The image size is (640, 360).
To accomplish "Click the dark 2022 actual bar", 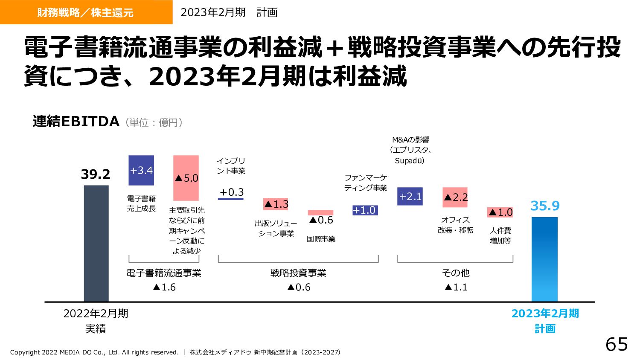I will tap(96, 243).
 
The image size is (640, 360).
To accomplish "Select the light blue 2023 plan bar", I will tap(544, 259).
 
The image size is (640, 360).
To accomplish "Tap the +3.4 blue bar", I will tap(141, 170).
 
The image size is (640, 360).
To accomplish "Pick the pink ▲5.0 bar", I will tap(186, 178).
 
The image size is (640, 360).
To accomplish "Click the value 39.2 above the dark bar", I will tap(96, 174).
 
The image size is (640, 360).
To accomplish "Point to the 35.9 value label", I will tap(545, 206).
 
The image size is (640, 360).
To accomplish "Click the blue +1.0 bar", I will tap(365, 210).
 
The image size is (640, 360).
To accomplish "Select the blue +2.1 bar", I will tap(410, 196).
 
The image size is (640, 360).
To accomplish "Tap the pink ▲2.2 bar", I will tap(455, 197).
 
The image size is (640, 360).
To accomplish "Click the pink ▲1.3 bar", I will tap(276, 204).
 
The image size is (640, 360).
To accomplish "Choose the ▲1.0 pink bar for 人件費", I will tap(500, 212).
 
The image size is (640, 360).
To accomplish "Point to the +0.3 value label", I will tap(231, 192).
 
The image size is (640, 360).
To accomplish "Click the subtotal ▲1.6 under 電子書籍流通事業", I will tap(164, 287).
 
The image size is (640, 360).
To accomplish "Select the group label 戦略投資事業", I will tap(298, 273).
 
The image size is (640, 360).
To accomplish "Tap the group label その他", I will tap(456, 273).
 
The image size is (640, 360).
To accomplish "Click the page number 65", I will tap(617, 344).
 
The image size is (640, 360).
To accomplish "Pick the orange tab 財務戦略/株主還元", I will tap(86, 12).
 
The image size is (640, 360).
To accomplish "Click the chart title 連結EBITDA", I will tap(76, 122).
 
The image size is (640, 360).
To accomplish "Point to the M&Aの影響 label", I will tap(410, 139).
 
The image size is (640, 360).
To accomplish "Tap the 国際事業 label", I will tap(321, 239).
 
